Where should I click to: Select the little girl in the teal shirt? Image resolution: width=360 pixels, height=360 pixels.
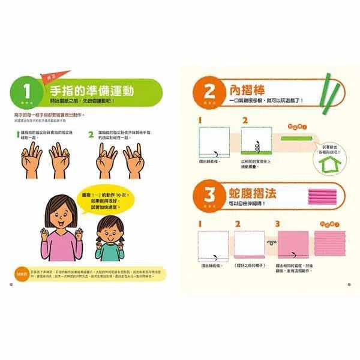(109, 237)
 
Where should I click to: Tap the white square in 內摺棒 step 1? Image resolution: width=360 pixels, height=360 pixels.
(212, 142)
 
